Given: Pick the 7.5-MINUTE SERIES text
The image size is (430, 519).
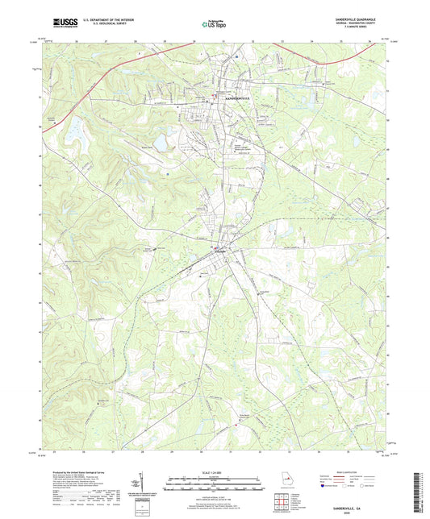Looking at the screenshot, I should pos(366,27).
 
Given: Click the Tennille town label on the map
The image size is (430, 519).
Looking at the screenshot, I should pos(220,252).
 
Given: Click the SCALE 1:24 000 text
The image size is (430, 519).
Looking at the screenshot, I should pos(215,471).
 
